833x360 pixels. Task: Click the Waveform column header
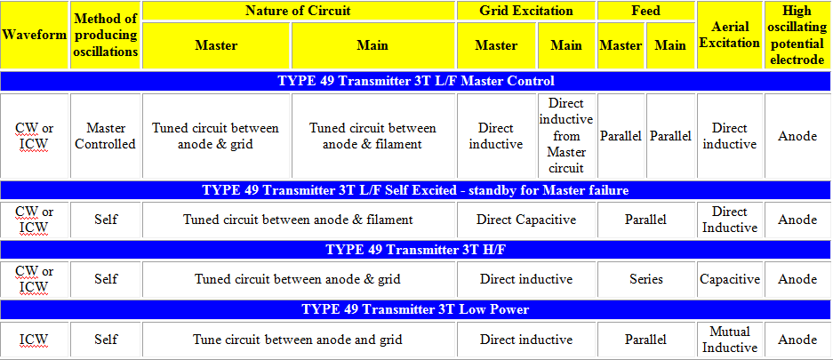(35, 35)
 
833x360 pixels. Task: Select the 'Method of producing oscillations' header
(106, 35)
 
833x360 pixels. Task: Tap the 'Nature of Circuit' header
(299, 11)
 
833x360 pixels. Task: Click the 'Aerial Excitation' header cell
(729, 35)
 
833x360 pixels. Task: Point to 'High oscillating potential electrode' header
(797, 35)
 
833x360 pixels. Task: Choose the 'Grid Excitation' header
(526, 11)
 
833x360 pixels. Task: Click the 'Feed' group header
(646, 11)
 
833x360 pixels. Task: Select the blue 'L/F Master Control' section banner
(415, 81)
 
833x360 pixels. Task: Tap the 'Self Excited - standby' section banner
(415, 190)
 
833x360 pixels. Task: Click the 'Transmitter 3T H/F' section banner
(415, 250)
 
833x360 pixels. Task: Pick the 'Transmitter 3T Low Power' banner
(415, 309)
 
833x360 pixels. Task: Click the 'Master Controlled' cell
(106, 136)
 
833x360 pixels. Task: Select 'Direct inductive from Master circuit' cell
(566, 136)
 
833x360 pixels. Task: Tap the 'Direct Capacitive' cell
(526, 220)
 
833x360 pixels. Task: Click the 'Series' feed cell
(646, 279)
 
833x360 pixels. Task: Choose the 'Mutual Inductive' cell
(729, 340)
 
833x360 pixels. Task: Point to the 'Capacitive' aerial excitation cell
(729, 279)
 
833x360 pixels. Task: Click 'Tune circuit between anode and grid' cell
(299, 340)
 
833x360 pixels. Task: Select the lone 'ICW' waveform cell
(35, 340)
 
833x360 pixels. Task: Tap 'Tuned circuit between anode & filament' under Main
(372, 136)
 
